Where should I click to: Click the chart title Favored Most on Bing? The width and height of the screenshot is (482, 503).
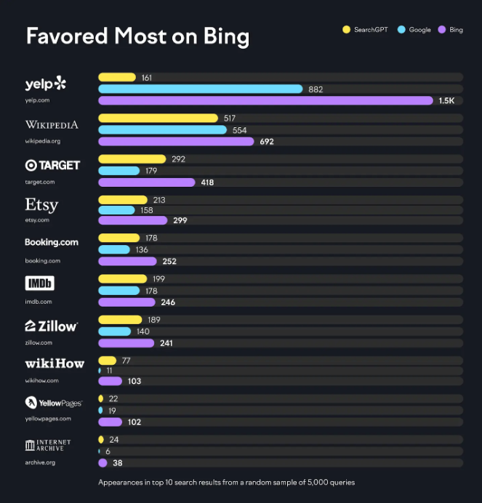point(137,36)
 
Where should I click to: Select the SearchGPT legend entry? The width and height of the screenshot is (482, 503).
point(367,30)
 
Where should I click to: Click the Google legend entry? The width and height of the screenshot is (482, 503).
point(415,30)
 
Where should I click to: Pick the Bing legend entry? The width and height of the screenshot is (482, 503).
point(451,30)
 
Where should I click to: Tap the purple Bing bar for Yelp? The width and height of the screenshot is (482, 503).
point(265,101)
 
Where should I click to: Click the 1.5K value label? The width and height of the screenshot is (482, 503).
point(446,101)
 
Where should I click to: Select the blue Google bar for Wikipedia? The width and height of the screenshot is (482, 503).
point(163,130)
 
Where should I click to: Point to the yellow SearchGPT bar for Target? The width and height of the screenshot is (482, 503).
point(132,158)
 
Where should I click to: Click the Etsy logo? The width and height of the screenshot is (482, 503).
point(41,204)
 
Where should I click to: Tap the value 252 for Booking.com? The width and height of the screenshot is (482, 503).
point(169,262)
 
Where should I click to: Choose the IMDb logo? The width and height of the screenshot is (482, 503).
point(40,283)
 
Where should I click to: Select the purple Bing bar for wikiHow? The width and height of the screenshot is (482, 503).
point(110,381)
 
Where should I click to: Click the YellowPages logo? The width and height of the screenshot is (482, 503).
point(53,403)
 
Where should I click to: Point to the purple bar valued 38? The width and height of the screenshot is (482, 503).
point(103,462)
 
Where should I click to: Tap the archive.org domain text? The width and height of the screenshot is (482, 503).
point(40,462)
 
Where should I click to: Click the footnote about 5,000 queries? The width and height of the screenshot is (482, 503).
point(227,483)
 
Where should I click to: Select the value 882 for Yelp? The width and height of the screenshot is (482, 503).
point(316,89)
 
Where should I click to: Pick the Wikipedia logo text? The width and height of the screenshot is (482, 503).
point(52,124)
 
